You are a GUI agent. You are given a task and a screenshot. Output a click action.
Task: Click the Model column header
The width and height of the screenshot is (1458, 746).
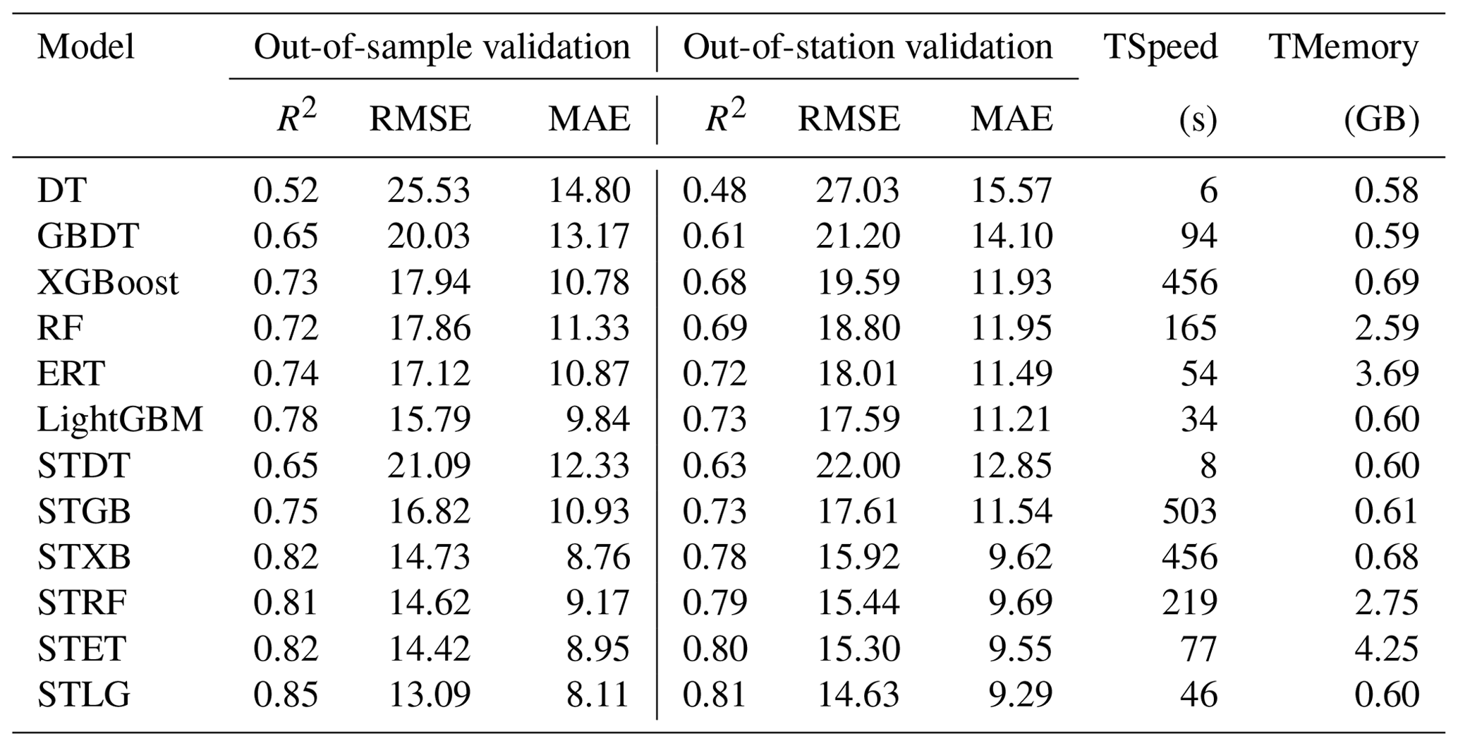pyautogui.click(x=85, y=48)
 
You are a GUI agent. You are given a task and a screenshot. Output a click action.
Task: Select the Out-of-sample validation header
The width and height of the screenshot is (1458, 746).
pyautogui.click(x=442, y=48)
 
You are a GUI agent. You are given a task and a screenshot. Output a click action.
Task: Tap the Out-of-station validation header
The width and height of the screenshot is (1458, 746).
pyautogui.click(x=867, y=48)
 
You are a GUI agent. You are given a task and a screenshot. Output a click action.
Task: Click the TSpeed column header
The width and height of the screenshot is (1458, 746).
pyautogui.click(x=1160, y=48)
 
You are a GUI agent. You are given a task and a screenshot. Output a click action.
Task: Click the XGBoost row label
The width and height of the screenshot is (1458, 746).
pyautogui.click(x=107, y=282)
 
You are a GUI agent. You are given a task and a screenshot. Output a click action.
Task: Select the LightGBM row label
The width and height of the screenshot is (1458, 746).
pyautogui.click(x=120, y=420)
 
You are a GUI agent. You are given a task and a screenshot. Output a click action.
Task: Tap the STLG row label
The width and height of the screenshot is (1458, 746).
pyautogui.click(x=83, y=695)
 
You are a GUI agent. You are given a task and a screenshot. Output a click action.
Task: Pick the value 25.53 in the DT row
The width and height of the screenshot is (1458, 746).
pyautogui.click(x=428, y=191)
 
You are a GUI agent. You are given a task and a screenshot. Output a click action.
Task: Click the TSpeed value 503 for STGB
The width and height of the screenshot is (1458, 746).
pyautogui.click(x=1189, y=512)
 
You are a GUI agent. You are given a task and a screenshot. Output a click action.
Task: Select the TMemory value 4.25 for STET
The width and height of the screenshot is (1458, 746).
pyautogui.click(x=1386, y=649)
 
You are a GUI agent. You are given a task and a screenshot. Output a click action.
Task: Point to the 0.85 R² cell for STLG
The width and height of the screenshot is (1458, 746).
pyautogui.click(x=286, y=695)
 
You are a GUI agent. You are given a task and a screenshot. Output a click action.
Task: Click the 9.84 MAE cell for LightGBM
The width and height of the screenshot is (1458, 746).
pyautogui.click(x=598, y=420)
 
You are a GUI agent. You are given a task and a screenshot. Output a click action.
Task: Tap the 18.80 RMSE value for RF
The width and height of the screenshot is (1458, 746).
pyautogui.click(x=858, y=328)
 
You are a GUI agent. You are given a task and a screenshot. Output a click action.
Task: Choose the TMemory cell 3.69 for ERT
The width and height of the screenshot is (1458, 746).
pyautogui.click(x=1386, y=374)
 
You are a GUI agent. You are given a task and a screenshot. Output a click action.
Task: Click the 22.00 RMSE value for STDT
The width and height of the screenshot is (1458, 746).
pyautogui.click(x=858, y=466)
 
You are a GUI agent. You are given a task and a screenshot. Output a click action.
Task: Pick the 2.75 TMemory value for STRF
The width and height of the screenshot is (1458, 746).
pyautogui.click(x=1386, y=603)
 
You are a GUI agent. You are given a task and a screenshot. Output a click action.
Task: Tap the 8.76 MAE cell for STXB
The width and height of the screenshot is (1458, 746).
pyautogui.click(x=598, y=558)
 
